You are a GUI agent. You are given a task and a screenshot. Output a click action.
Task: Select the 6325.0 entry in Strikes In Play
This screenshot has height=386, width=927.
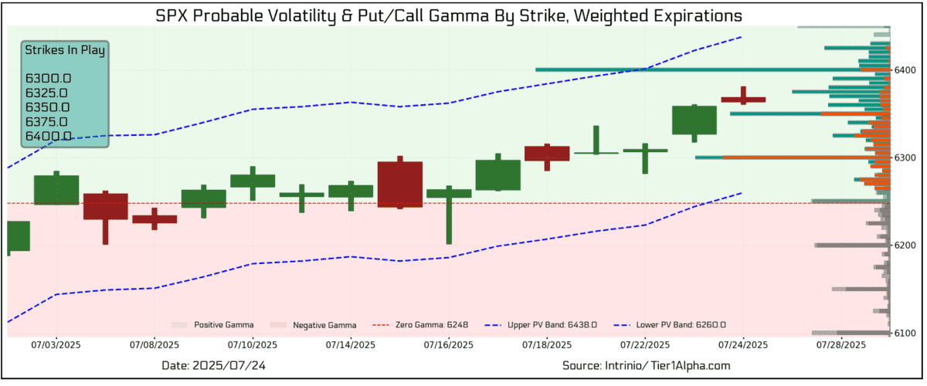pyautogui.click(x=48, y=93)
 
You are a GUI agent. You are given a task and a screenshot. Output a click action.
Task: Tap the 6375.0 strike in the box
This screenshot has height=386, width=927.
pyautogui.click(x=48, y=121)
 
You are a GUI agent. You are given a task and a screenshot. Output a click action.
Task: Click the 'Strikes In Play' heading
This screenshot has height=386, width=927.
pyautogui.click(x=65, y=50)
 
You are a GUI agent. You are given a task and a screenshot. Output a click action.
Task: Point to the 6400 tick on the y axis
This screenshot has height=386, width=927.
pyautogui.click(x=905, y=70)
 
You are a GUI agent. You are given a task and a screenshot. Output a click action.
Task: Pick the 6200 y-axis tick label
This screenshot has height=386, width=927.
pyautogui.click(x=905, y=245)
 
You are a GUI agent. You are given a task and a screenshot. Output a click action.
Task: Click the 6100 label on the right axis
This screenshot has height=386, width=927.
pyautogui.click(x=905, y=334)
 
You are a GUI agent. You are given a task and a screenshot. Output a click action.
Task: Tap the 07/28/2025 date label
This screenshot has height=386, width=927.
pyautogui.click(x=843, y=344)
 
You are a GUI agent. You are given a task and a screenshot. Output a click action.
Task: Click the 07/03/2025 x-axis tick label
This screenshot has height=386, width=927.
pyautogui.click(x=55, y=344)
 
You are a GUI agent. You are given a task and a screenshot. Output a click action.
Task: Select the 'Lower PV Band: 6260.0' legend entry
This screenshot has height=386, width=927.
pyautogui.click(x=681, y=325)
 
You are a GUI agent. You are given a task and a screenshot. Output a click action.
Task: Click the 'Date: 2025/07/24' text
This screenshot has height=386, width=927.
pyautogui.click(x=216, y=365)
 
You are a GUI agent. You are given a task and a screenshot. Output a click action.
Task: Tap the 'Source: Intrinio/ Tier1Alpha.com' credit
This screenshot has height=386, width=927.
pyautogui.click(x=646, y=365)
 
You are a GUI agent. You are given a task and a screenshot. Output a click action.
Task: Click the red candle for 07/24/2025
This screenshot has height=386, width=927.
pyautogui.click(x=743, y=99)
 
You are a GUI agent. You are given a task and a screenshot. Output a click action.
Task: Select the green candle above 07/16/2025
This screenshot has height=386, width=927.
pyautogui.click(x=449, y=193)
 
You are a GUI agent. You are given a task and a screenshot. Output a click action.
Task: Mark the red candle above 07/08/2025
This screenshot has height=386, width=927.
pyautogui.click(x=154, y=219)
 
